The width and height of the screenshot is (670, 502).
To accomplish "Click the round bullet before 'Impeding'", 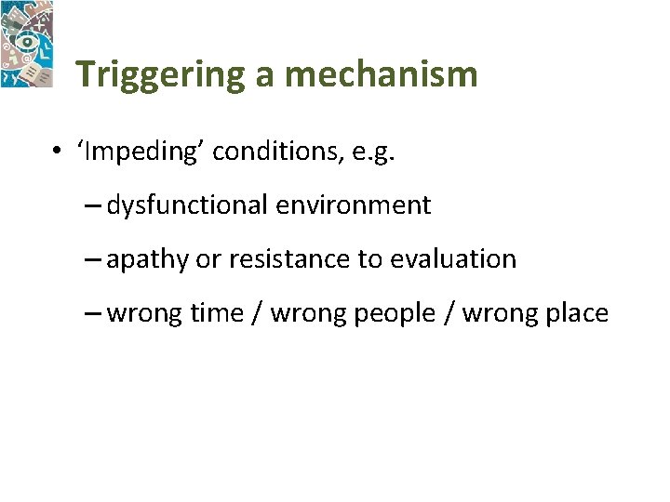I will [x=59, y=152].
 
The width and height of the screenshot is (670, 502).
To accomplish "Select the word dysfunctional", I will [x=186, y=205].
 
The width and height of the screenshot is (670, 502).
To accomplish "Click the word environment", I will [x=353, y=205].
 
